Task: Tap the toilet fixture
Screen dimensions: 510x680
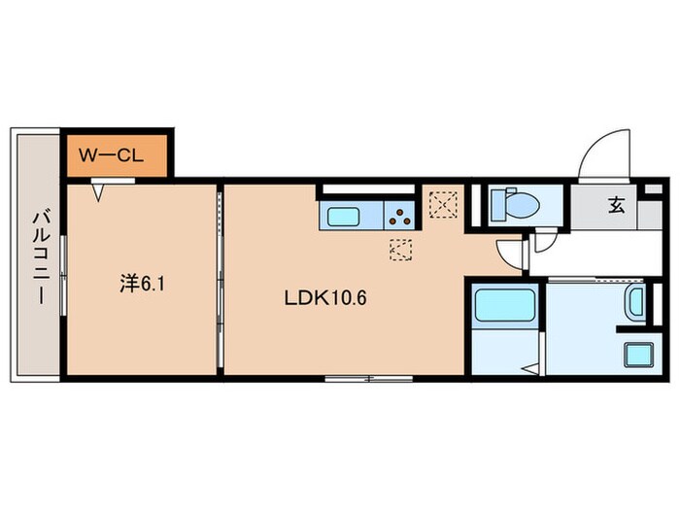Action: [x=506, y=204]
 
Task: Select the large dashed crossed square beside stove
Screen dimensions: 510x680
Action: [x=444, y=205]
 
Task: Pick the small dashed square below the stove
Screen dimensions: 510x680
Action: [x=400, y=249]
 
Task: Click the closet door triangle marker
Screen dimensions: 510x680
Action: [x=99, y=191]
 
